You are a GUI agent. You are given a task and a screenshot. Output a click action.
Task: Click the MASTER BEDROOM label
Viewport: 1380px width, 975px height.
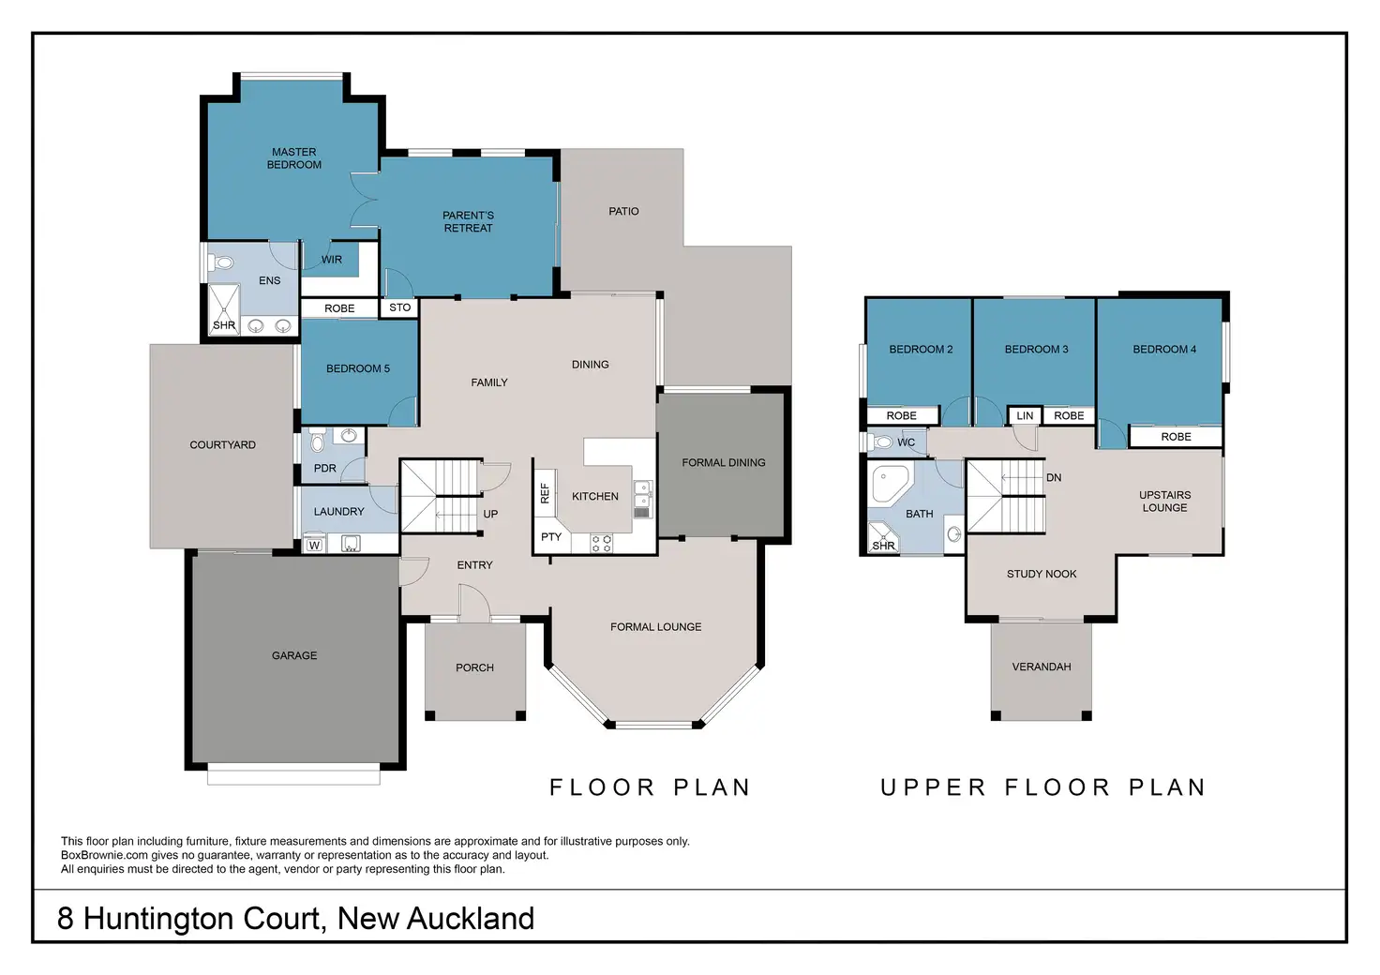point(293,158)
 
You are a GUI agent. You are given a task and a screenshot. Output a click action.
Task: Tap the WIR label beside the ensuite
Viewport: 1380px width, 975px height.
point(332,260)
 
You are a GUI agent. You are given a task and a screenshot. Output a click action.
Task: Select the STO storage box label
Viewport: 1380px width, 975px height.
point(399,307)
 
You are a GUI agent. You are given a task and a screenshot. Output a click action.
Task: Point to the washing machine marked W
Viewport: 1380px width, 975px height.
point(314,545)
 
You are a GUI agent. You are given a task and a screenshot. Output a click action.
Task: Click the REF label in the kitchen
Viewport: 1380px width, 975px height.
point(545,493)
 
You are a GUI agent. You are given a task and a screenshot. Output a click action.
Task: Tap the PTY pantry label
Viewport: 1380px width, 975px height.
point(550,537)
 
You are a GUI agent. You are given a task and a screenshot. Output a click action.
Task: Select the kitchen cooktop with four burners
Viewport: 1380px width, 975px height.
point(601,543)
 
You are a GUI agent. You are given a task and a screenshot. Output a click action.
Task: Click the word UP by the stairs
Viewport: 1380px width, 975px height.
point(490,514)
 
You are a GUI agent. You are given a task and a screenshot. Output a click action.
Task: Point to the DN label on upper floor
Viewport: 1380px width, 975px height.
point(1054,477)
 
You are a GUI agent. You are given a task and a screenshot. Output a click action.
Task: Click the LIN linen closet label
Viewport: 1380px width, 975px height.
point(1025,415)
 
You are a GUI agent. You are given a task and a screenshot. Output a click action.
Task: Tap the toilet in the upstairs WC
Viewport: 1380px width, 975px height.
point(879,442)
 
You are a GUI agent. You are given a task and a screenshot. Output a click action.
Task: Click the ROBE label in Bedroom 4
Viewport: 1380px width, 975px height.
point(1176,437)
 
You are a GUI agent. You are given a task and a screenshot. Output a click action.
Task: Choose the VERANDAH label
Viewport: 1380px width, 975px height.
point(1042,667)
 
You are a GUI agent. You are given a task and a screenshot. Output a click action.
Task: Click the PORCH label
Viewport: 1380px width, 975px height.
point(474,667)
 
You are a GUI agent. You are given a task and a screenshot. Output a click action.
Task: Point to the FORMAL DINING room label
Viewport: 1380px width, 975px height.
point(723,462)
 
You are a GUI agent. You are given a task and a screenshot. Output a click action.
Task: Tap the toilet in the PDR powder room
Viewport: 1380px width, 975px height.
point(318,439)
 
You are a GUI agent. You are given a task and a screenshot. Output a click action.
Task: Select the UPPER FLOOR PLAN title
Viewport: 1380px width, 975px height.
point(1042,787)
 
